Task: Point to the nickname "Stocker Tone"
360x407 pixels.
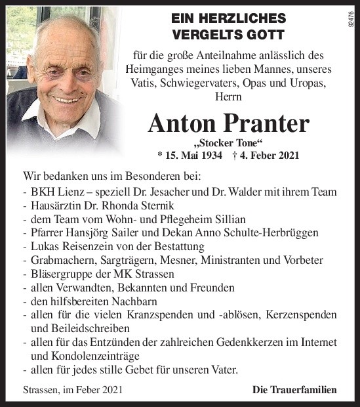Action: click(228, 144)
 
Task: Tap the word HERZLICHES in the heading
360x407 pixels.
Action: click(240, 18)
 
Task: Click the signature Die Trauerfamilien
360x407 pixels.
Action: click(294, 390)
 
